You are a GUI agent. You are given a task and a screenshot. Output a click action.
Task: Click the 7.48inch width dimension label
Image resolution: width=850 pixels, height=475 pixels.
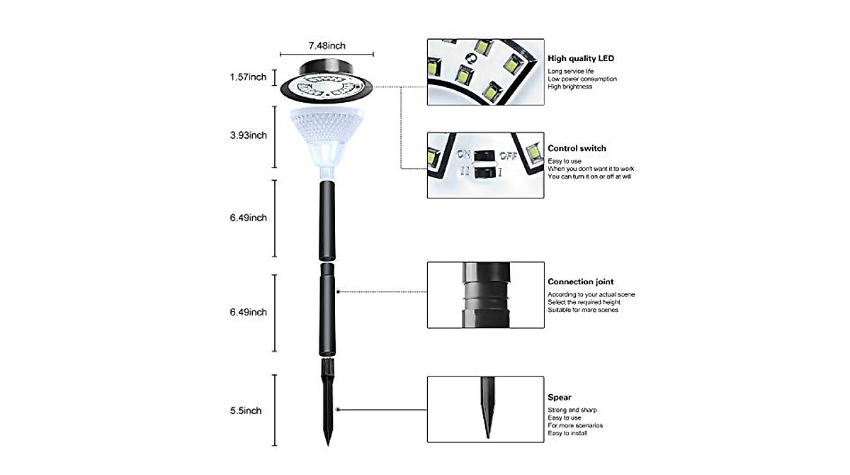[327, 46]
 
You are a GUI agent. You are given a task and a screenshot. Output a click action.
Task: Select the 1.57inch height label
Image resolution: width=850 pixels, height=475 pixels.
[248, 77]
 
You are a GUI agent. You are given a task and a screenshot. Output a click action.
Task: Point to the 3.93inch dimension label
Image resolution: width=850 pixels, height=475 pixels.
[248, 135]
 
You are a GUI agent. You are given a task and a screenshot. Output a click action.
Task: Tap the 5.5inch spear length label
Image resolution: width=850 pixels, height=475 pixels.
[245, 410]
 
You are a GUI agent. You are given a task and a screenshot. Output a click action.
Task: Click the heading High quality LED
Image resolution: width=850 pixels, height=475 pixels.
[581, 58]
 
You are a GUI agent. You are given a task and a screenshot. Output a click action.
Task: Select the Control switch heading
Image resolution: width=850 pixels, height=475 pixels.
[577, 149]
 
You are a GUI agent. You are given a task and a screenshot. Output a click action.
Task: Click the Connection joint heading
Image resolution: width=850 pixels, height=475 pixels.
[580, 282]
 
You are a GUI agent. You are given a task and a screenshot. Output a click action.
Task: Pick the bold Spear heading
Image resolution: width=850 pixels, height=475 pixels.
[559, 398]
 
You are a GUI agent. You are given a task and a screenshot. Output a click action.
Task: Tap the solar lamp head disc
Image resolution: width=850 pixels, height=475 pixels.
[327, 84]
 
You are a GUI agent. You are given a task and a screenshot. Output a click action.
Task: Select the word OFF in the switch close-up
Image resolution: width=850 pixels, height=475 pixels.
[509, 155]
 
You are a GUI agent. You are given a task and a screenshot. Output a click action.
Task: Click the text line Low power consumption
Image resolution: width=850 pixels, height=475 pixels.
[582, 79]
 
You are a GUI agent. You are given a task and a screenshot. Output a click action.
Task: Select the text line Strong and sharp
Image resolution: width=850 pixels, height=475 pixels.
[572, 410]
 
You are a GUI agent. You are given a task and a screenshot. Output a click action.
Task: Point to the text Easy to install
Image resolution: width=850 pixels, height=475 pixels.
[567, 433]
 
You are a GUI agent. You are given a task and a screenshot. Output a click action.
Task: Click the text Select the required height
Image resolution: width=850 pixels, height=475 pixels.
[583, 302]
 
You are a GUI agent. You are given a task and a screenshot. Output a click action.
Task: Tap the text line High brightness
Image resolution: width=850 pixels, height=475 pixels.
[569, 86]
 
